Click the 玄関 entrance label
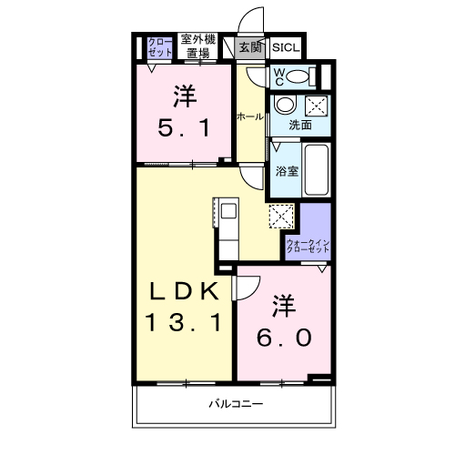click(x=248, y=47)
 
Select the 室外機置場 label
click(x=197, y=46)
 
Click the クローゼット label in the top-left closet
click(x=159, y=47)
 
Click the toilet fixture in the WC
click(x=307, y=76)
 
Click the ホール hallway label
click(x=250, y=116)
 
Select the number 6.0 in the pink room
click(x=284, y=338)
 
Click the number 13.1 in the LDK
click(x=183, y=324)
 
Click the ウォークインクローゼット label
click(x=308, y=245)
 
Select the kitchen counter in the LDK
click(x=226, y=227)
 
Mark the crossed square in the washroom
click(x=317, y=104)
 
